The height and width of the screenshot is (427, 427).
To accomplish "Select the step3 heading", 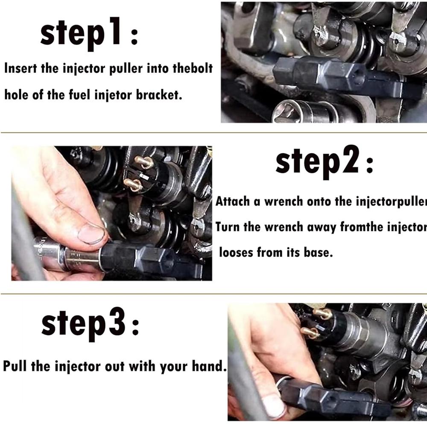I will (x=90, y=325).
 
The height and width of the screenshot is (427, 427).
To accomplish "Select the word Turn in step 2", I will (x=227, y=227).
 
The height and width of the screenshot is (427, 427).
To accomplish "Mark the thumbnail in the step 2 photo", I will (x=91, y=234).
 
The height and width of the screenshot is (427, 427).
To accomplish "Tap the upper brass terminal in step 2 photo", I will (x=144, y=162).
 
